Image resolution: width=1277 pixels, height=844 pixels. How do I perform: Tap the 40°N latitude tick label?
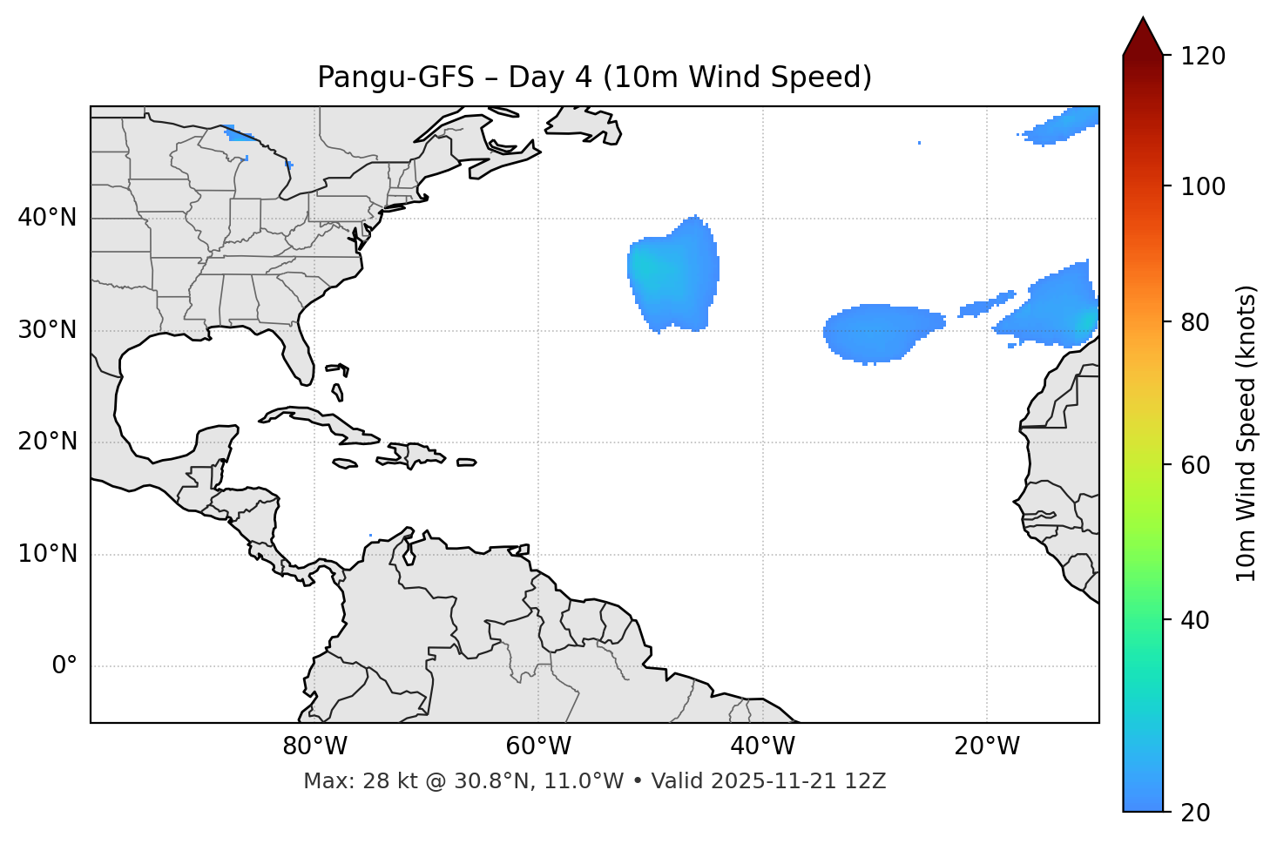[47, 217]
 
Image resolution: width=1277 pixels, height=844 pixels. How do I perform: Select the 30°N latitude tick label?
[47, 330]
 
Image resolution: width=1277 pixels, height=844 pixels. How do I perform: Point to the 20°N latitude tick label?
[47, 442]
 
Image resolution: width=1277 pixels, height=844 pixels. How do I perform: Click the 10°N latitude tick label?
[47, 554]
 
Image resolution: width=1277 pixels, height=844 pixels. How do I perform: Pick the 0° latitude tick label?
[64, 666]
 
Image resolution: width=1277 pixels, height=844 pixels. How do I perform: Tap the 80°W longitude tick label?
[314, 746]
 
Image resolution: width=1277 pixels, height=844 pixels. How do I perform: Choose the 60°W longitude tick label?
[538, 746]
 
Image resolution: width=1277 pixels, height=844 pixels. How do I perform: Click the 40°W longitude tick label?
[762, 746]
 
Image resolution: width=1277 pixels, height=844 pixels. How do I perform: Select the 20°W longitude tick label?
[987, 746]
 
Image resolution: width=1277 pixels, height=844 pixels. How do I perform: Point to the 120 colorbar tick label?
[1203, 57]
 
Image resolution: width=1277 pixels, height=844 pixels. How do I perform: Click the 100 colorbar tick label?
[1203, 186]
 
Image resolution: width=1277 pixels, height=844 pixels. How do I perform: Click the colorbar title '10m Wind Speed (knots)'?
[1247, 433]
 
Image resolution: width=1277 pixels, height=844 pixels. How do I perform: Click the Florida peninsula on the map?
[299, 357]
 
